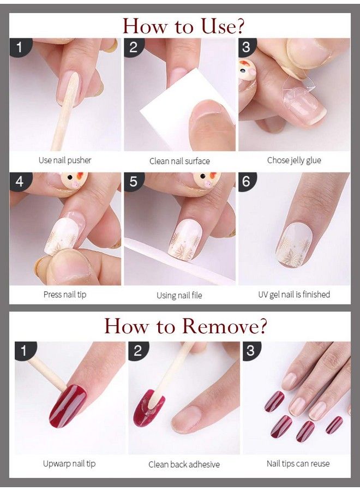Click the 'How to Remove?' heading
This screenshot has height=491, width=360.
point(185,326)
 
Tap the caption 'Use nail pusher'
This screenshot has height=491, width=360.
point(65,160)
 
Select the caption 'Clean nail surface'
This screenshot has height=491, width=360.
point(179,161)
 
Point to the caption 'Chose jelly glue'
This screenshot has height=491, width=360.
point(294,160)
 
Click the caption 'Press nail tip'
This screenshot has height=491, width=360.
point(65,295)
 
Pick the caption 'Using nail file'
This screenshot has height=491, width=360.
point(179,295)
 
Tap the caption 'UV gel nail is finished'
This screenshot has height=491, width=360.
point(294,295)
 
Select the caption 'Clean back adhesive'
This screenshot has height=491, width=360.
point(184,464)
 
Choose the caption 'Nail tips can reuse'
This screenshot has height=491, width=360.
point(298,464)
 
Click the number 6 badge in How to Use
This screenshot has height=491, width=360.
point(247,181)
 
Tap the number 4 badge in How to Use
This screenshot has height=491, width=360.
point(20,181)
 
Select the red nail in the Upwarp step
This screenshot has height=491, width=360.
point(68,405)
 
